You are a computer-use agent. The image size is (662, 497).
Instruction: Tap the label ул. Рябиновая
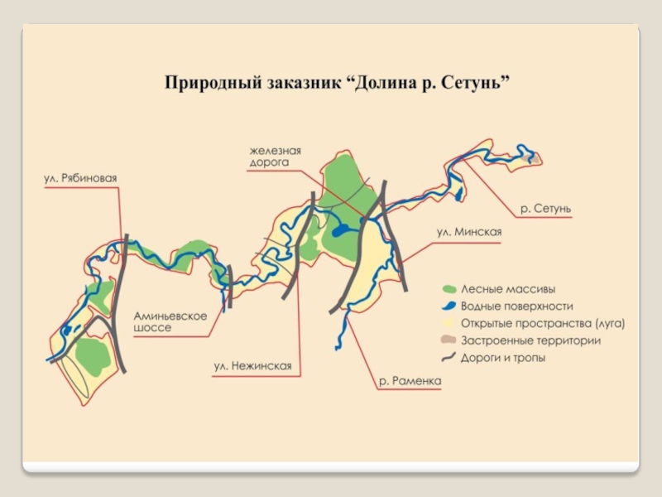coord(80,178)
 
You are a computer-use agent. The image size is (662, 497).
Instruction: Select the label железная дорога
coord(275,157)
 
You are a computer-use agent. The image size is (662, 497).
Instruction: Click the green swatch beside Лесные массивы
coord(449,289)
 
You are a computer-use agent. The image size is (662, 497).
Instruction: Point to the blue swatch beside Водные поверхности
coord(449,306)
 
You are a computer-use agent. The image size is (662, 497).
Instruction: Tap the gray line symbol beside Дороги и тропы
coord(449,358)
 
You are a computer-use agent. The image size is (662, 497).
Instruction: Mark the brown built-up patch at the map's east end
coord(535,156)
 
